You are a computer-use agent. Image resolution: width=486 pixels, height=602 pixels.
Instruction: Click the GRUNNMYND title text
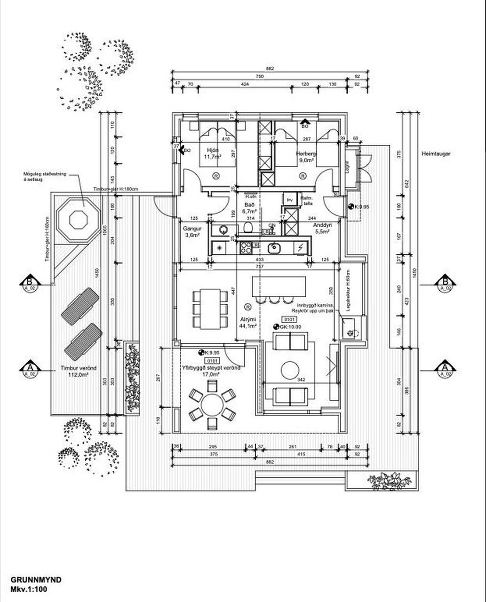tap(36, 580)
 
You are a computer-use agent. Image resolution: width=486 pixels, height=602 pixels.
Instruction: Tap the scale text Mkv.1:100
tap(29, 588)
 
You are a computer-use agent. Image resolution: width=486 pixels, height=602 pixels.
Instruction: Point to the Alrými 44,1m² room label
tap(247, 322)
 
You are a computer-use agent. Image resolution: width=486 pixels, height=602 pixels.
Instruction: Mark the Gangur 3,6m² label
tap(192, 231)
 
